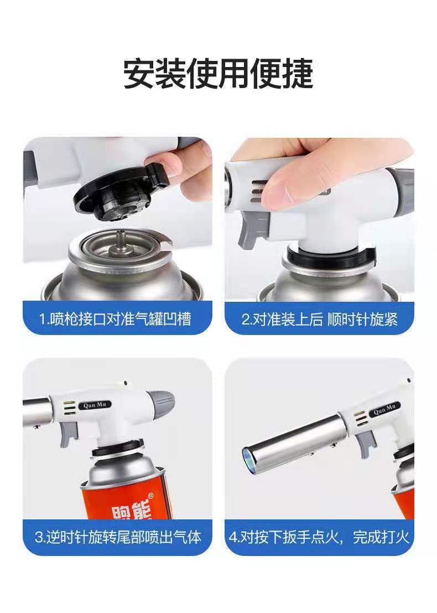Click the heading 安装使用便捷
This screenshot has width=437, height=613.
click(218, 73)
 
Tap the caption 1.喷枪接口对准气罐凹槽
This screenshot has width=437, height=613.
click(117, 320)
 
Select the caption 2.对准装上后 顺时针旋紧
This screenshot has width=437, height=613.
click(319, 320)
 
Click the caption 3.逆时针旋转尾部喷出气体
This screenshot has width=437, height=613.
click(117, 537)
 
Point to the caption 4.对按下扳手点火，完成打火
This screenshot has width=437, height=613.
click(319, 537)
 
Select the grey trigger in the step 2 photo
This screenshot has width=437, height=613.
click(249, 233)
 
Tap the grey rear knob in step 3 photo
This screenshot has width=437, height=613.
click(162, 401)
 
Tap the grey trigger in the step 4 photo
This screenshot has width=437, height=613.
click(366, 443)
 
